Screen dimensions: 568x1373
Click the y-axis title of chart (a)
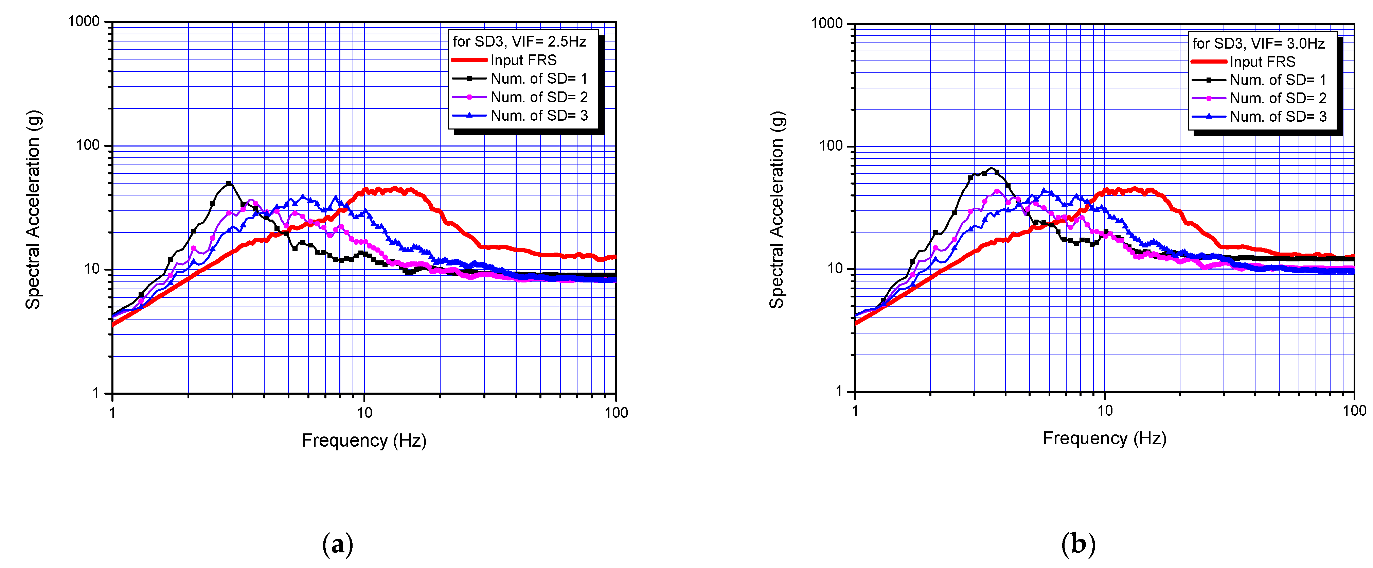[33, 210]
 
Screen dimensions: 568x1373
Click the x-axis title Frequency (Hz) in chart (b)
[1104, 438]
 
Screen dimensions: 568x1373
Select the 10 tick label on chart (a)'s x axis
[364, 412]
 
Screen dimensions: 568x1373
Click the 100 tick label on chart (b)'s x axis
[1354, 411]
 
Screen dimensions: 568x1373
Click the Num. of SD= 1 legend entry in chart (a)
[538, 79]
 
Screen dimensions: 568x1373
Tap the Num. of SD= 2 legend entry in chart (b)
[1278, 99]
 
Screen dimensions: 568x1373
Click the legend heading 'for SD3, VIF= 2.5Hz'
[519, 41]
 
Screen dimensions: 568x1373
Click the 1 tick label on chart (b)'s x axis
[855, 411]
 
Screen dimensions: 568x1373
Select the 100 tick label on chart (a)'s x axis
[616, 412]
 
